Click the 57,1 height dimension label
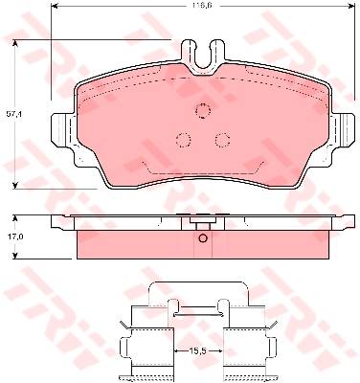click(x=13, y=114)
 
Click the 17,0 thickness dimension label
click(x=13, y=237)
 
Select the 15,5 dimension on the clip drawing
click(x=198, y=350)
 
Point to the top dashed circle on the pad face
click(x=203, y=111)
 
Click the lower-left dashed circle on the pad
click(x=184, y=140)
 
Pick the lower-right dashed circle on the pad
click(x=222, y=140)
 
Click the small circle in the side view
click(x=203, y=238)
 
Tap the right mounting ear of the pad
click(x=344, y=131)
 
